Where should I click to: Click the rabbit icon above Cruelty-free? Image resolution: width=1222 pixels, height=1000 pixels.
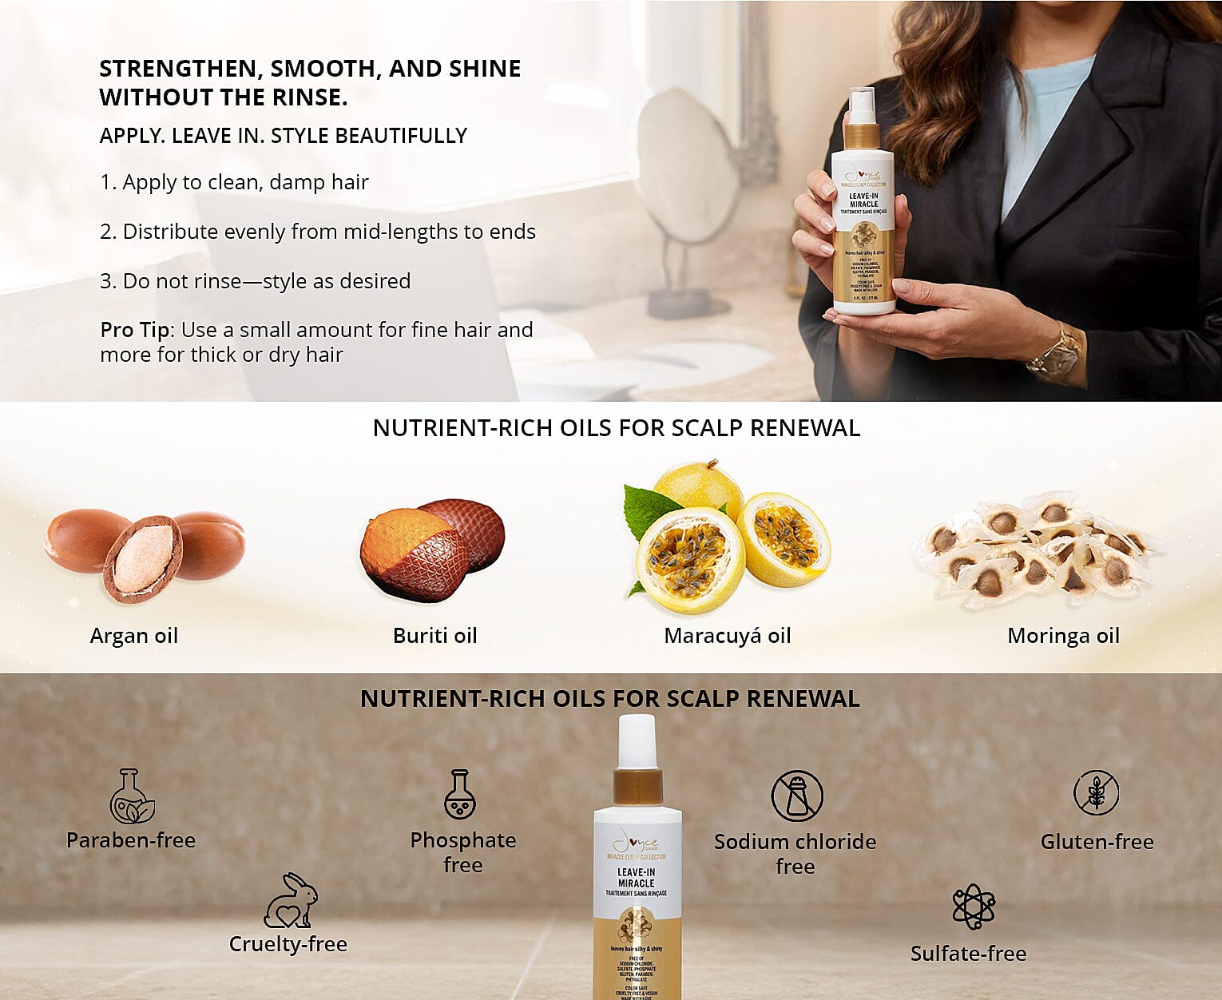(x=291, y=900)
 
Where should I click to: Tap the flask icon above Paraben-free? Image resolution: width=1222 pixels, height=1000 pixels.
(x=131, y=796)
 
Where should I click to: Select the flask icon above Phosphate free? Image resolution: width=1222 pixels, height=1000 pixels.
(x=460, y=795)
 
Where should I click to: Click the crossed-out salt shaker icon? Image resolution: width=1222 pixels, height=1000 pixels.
(x=796, y=796)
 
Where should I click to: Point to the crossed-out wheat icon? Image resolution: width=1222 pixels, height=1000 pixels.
(x=1096, y=792)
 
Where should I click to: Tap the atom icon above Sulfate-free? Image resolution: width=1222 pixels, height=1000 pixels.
(x=973, y=907)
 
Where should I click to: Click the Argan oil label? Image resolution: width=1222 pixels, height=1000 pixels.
(x=134, y=636)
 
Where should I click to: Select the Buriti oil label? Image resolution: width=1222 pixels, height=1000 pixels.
(x=434, y=636)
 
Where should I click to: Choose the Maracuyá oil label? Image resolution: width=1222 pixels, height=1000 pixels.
(x=727, y=636)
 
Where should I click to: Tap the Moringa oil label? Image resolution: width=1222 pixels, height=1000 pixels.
(x=1063, y=636)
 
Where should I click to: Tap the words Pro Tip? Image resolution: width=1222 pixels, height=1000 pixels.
(x=135, y=330)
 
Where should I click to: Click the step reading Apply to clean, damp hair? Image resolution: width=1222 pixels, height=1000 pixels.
(x=234, y=182)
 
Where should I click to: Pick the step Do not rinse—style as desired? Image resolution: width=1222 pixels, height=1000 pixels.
(x=255, y=281)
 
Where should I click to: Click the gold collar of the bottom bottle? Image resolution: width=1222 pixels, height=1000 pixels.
(x=637, y=786)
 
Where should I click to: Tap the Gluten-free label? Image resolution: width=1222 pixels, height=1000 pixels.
(x=1097, y=842)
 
